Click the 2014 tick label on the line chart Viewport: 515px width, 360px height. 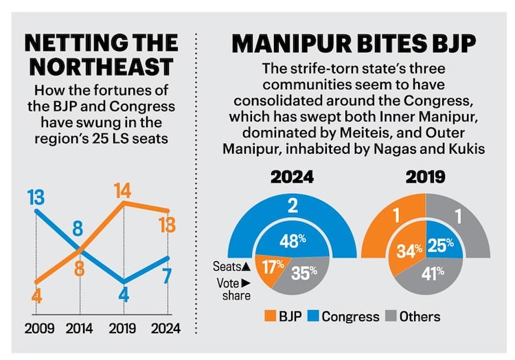click(79, 329)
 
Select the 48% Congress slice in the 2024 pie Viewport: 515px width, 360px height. click(292, 240)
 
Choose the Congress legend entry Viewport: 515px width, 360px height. click(343, 317)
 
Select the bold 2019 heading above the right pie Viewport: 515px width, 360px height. click(426, 177)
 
